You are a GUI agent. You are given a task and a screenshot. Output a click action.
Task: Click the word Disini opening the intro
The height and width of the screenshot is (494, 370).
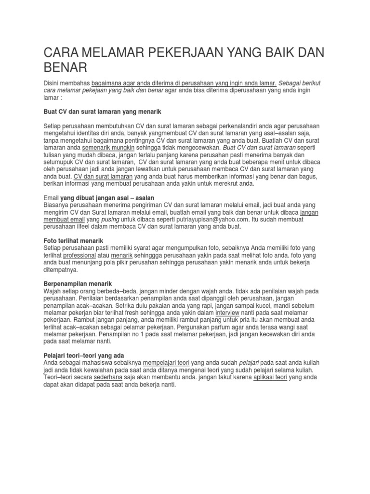point(54,83)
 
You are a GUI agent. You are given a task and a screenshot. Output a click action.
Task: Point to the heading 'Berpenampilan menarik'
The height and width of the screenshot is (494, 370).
point(78,283)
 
